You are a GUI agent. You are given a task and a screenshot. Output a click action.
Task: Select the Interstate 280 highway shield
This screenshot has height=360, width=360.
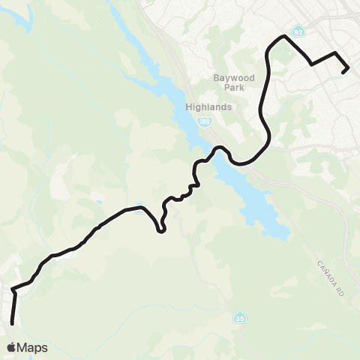203,120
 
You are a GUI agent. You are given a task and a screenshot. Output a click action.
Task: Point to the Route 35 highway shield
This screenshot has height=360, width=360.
238,317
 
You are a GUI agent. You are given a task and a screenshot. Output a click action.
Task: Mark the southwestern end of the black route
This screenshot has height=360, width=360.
13,323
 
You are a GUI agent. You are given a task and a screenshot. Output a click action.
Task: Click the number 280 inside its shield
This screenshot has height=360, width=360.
203,120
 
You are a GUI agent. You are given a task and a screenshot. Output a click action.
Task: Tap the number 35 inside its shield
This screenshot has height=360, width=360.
238,317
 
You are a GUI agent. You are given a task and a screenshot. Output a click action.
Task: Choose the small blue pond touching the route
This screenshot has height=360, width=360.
141,210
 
